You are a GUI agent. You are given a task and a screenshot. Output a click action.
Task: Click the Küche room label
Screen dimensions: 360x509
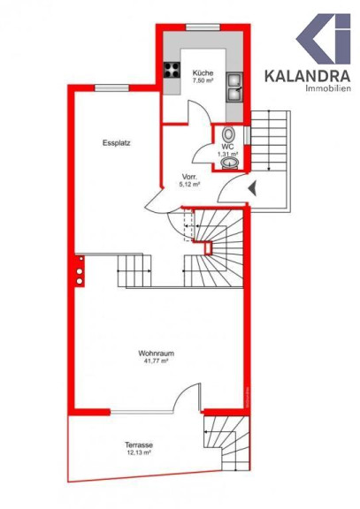tap(203, 73)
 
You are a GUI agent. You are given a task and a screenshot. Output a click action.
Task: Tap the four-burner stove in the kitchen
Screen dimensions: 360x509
tap(172, 70)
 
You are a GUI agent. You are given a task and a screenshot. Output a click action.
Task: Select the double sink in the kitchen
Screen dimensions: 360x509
tap(234, 87)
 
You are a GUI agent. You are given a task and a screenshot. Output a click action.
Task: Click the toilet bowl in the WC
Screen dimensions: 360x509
tap(229, 134)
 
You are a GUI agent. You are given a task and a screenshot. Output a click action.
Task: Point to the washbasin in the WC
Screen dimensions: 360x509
tap(230, 163)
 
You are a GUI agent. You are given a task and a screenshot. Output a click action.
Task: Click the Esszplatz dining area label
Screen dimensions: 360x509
tap(117, 143)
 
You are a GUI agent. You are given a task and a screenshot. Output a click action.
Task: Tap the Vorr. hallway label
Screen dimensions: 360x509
tap(188, 177)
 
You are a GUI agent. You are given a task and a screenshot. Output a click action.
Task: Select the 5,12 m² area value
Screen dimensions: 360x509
tap(189, 185)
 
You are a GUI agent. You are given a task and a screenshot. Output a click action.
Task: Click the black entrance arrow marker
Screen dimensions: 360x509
tap(252, 188)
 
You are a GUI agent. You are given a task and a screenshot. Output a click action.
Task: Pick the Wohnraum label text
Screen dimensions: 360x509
tap(156, 353)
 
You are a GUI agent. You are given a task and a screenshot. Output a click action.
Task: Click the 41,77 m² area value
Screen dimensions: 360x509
tap(157, 361)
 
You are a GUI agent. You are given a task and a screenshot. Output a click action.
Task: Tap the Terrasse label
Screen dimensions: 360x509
tap(139, 445)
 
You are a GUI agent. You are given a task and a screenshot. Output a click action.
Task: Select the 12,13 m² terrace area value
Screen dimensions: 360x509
tap(139, 452)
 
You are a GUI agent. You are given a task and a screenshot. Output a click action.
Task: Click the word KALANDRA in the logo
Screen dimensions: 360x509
tap(307, 76)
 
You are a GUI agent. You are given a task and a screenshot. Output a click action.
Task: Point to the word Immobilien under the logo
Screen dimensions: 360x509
tap(328, 88)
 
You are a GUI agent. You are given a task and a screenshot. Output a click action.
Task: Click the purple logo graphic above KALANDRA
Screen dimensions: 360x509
tap(324, 39)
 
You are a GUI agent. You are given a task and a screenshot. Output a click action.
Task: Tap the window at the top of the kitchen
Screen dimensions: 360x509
tap(203, 27)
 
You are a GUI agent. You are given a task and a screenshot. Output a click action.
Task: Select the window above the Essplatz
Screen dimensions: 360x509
tap(111, 88)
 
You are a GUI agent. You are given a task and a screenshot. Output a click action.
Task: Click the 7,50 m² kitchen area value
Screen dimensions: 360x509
tap(203, 80)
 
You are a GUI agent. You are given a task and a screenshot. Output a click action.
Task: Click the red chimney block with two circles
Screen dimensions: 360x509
tap(80, 271)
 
